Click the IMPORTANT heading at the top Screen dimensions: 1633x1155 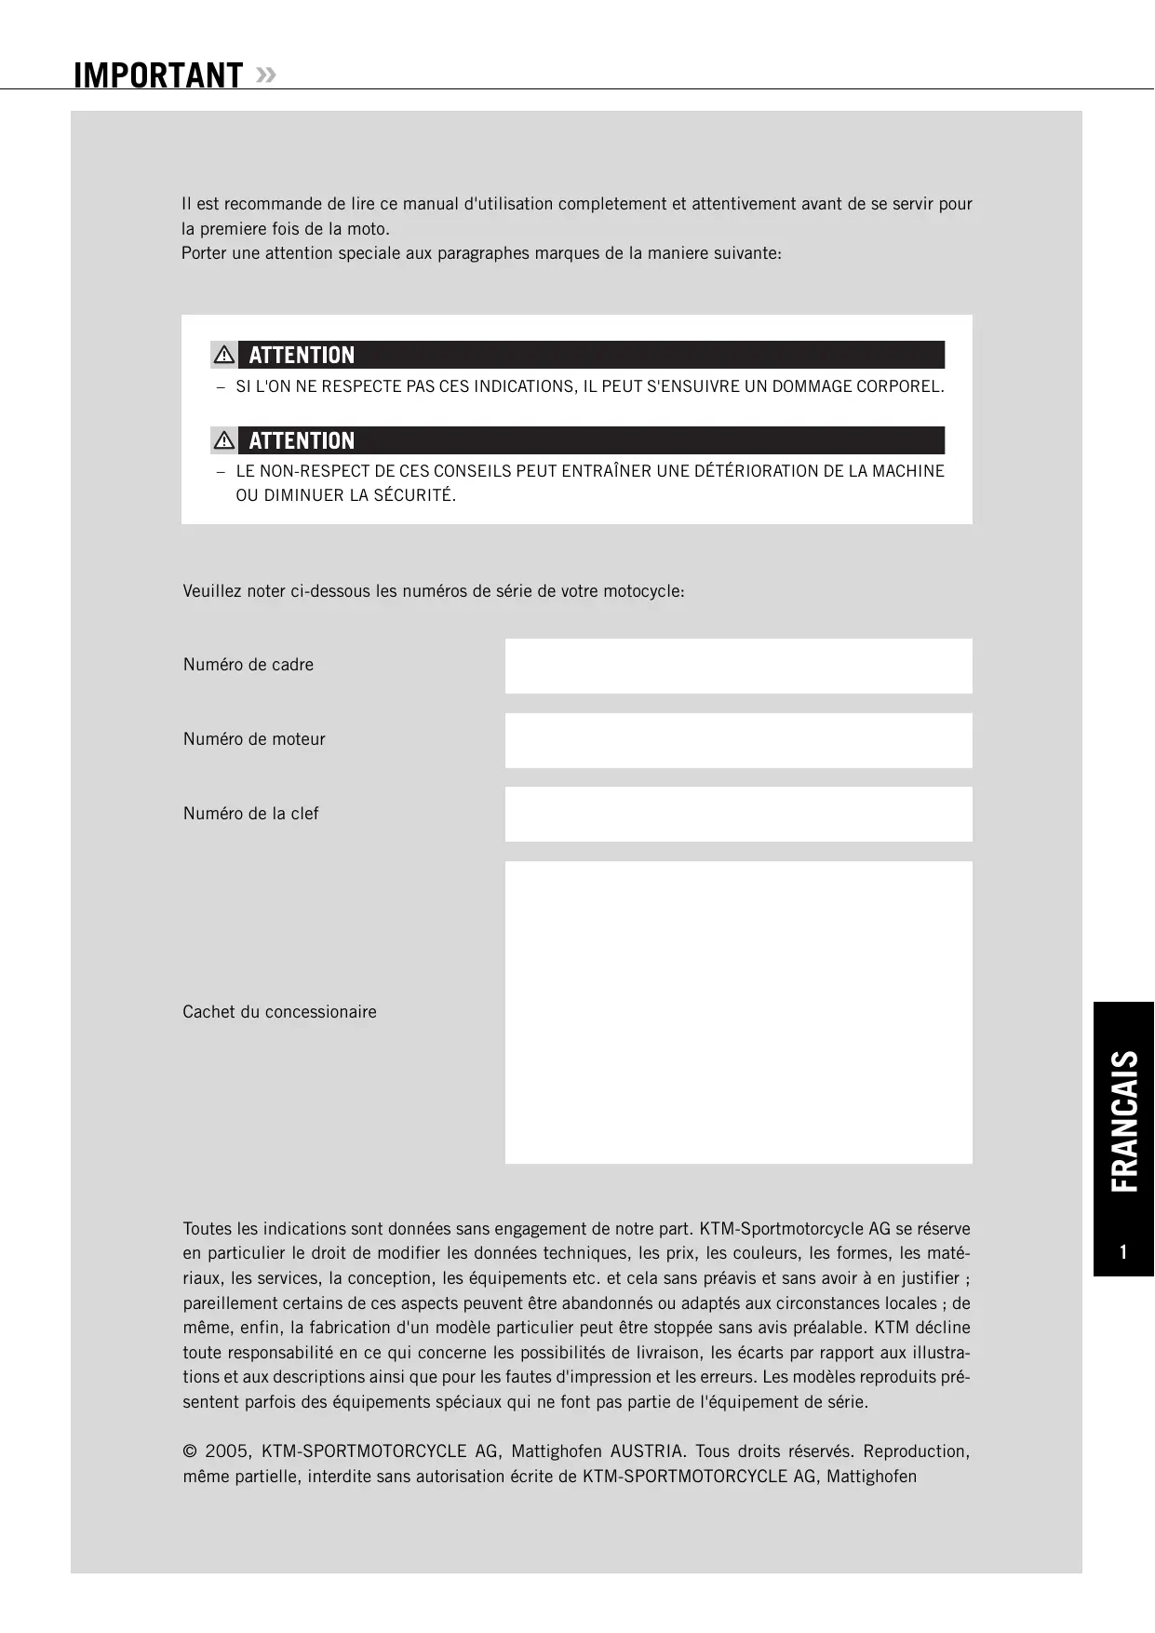(x=157, y=75)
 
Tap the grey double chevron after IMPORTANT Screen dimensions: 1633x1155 (x=265, y=74)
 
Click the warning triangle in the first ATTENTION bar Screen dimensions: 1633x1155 (x=223, y=355)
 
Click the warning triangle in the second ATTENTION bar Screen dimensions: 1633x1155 (x=223, y=439)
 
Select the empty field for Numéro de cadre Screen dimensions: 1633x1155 (x=738, y=666)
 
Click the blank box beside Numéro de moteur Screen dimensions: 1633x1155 (x=738, y=740)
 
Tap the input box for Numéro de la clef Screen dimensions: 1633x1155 (x=738, y=814)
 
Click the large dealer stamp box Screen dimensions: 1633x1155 (x=738, y=1012)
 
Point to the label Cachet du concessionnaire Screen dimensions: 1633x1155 (x=279, y=1012)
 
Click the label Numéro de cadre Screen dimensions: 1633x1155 (x=248, y=665)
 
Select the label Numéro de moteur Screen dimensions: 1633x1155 (x=254, y=739)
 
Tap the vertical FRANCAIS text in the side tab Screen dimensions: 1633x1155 (x=1124, y=1121)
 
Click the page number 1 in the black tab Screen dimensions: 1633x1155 (x=1123, y=1252)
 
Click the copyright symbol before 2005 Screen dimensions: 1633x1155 (x=190, y=1451)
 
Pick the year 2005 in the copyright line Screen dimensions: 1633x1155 (x=226, y=1451)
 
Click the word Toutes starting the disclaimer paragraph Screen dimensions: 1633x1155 (x=207, y=1229)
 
